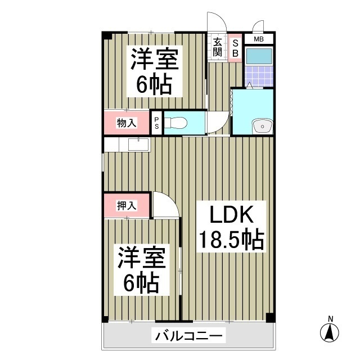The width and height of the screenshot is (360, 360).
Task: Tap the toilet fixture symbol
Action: tap(178, 123)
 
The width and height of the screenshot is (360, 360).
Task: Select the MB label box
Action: tap(258, 39)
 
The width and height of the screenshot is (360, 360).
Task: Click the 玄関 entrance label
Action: tap(217, 46)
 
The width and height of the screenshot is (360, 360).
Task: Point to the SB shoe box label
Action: tap(236, 46)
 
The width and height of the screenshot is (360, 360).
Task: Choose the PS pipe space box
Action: tap(157, 123)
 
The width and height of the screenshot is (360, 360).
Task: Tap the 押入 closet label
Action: tap(126, 205)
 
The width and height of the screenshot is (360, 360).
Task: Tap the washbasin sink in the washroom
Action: tap(262, 127)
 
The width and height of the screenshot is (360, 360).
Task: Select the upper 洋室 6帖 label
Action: tap(154, 72)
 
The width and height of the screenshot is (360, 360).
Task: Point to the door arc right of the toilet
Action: tap(218, 121)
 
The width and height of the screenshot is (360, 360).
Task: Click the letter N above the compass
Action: tap(330, 319)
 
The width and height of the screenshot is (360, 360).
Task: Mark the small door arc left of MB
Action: tap(258, 26)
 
